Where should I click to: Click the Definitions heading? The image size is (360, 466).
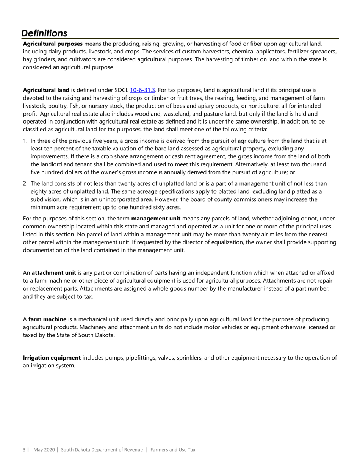(x=44, y=33)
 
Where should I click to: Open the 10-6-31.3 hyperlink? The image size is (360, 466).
(x=142, y=90)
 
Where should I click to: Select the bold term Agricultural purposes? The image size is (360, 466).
(x=53, y=44)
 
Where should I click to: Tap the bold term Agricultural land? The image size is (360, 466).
(x=46, y=90)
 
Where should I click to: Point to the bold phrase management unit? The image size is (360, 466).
(x=156, y=219)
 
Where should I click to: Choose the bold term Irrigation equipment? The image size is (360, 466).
(x=52, y=358)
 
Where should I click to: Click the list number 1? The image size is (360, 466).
(x=25, y=141)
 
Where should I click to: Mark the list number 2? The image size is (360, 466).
(x=25, y=184)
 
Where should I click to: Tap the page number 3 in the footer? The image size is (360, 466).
(x=24, y=450)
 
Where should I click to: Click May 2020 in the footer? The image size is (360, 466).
(x=44, y=450)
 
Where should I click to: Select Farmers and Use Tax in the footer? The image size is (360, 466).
(x=173, y=450)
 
